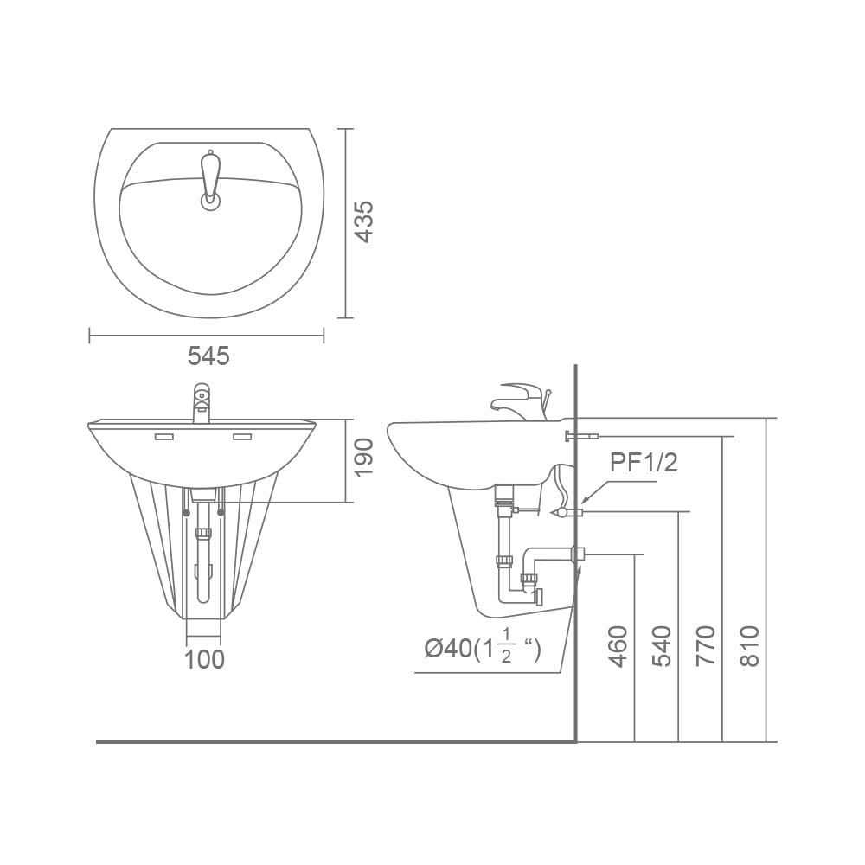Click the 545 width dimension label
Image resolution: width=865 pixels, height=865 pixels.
coord(208,356)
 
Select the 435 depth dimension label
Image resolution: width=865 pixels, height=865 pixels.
coord(363,221)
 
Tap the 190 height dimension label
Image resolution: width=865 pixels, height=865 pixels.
coord(363,458)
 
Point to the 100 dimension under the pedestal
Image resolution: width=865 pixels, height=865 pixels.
coord(204,659)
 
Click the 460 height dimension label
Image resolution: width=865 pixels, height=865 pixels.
coord(618,646)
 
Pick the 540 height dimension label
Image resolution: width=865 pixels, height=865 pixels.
coord(662,646)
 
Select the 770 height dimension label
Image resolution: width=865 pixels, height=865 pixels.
coord(706,646)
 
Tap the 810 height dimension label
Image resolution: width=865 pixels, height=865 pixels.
coord(749,646)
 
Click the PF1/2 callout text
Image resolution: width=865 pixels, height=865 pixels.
coord(644,462)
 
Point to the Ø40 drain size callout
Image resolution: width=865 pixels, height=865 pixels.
coord(483,649)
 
